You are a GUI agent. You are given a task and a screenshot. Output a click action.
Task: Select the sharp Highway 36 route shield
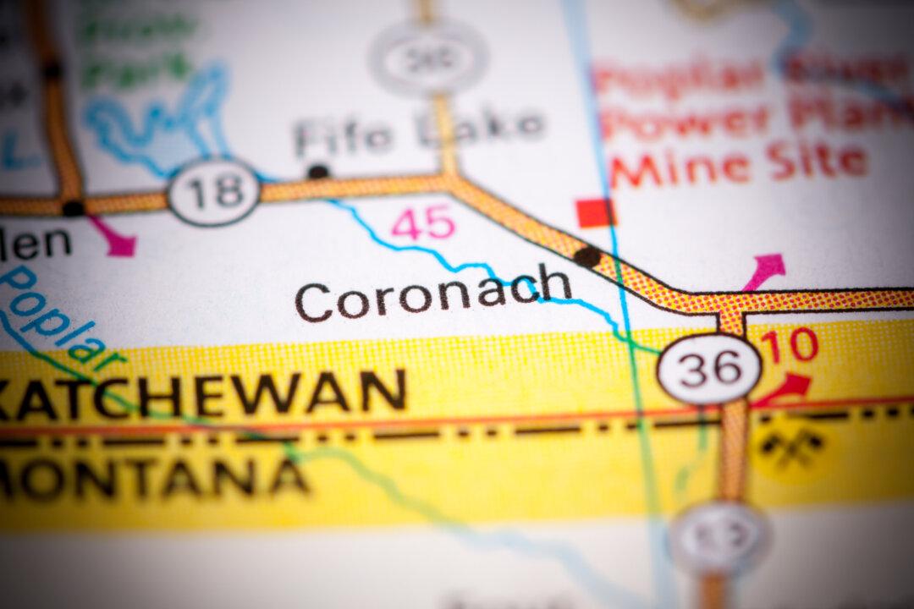point(709,369)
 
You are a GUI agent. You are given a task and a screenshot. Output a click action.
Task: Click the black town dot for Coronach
point(586,256)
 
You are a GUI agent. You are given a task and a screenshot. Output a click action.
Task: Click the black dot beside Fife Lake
point(318,172)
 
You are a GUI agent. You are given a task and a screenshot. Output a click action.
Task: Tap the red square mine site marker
point(595,212)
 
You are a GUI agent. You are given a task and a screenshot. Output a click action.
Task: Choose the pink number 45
point(423,222)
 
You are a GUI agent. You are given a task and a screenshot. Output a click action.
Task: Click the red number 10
point(790,345)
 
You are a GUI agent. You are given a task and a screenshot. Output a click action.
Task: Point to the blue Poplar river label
point(51,313)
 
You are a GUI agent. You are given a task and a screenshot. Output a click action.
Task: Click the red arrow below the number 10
point(782,389)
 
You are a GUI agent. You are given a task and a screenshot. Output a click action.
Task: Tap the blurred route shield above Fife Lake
point(428,58)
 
